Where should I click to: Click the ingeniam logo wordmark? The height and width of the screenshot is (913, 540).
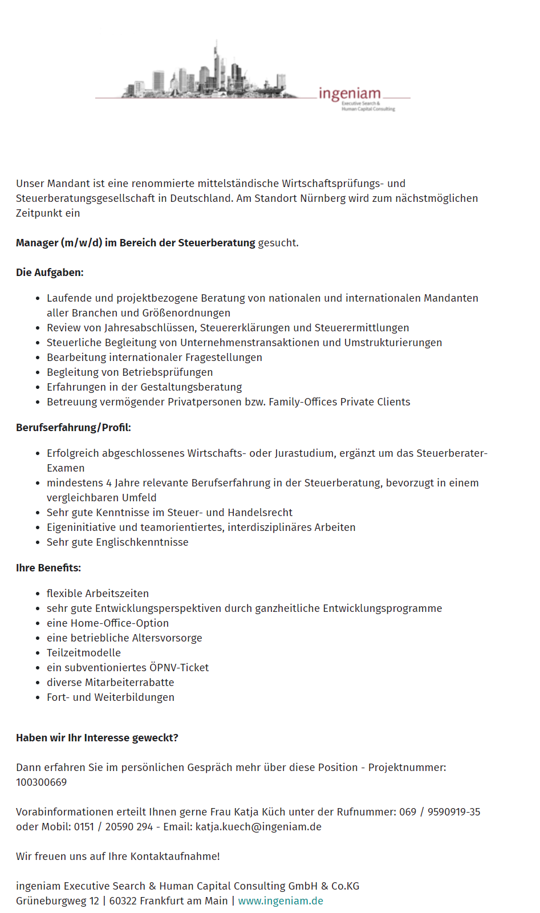pos(350,94)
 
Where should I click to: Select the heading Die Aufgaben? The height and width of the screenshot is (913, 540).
pos(50,273)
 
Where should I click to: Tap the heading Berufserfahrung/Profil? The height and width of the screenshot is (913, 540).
pos(74,428)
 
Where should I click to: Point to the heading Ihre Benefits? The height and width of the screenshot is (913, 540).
pos(48,568)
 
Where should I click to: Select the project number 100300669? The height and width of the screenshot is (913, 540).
pos(41,782)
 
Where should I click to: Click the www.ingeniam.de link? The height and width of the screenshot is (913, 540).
pos(281,901)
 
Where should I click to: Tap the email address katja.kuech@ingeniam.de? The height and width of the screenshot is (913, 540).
pos(258,827)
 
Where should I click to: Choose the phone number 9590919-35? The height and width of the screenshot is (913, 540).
pos(454,812)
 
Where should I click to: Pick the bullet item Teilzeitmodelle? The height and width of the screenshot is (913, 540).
pos(84,653)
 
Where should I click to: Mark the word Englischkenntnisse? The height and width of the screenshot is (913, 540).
pos(142,542)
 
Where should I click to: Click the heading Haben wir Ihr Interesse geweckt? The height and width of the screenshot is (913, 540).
pos(97,738)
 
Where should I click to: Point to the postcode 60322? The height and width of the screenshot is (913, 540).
pos(123,901)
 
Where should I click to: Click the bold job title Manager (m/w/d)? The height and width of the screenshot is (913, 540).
pos(59,243)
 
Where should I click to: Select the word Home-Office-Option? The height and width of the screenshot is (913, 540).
pos(120,623)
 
